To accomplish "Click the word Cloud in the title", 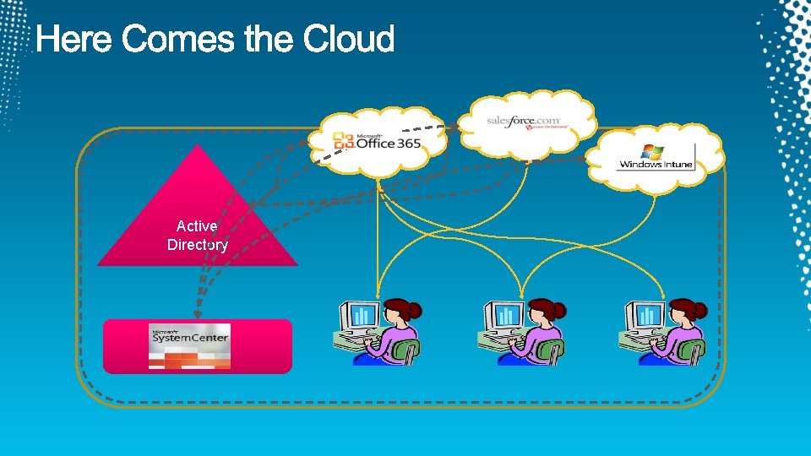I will click(349, 39).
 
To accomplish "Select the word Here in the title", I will click(75, 39).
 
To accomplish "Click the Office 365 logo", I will click(376, 144).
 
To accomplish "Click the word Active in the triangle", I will click(197, 226).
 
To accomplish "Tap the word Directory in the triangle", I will click(198, 245).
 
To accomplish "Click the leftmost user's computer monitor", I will click(362, 316).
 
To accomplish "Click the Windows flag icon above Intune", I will click(651, 150).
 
